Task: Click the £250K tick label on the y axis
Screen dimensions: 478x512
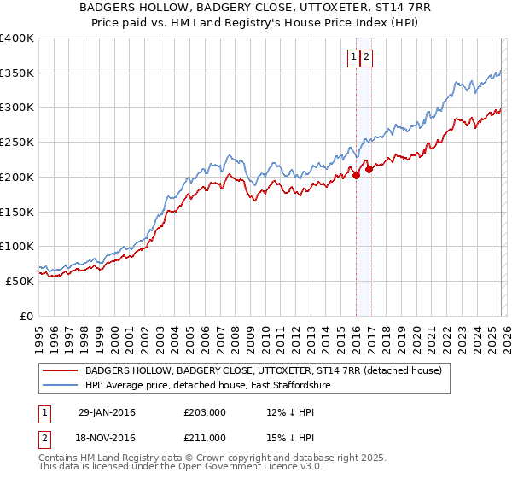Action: pos(17,143)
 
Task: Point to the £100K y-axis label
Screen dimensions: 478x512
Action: pos(17,247)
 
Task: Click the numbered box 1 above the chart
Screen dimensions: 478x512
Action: pos(353,57)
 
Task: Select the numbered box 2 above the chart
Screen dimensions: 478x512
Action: pos(366,57)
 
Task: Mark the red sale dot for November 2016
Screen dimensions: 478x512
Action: pos(369,170)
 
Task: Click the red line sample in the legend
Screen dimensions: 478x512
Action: pos(61,371)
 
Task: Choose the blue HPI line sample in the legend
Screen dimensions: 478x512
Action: pos(61,387)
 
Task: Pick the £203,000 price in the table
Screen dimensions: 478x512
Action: pos(205,412)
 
